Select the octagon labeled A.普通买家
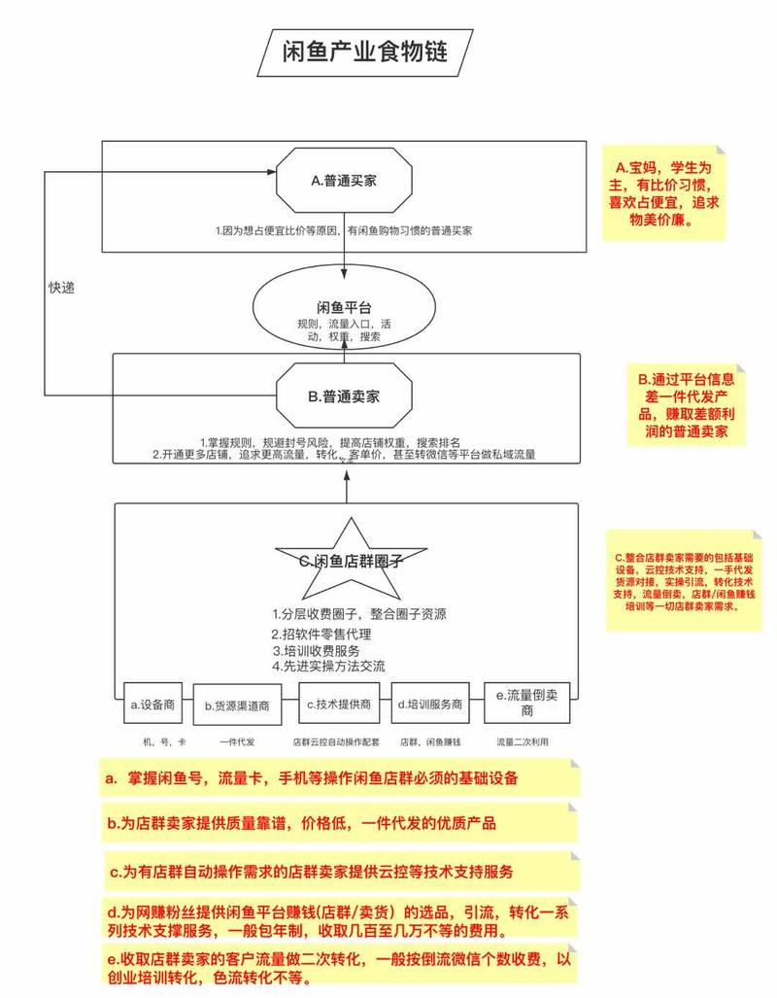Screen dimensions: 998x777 pyautogui.click(x=344, y=180)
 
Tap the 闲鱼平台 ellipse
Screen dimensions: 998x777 pyautogui.click(x=343, y=312)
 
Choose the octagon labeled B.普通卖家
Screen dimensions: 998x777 pyautogui.click(x=343, y=396)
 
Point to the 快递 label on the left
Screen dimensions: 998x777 pyautogui.click(x=61, y=288)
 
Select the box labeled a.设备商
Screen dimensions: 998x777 pyautogui.click(x=151, y=705)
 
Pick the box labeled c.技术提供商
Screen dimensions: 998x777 pyautogui.click(x=336, y=705)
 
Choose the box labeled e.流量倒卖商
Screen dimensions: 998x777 pyautogui.click(x=526, y=704)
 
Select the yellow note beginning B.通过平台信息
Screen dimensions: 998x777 pyautogui.click(x=688, y=405)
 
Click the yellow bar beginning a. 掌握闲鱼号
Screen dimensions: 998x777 pyautogui.click(x=340, y=778)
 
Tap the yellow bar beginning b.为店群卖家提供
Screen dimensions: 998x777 pyautogui.click(x=340, y=824)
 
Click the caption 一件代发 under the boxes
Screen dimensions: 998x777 pyautogui.click(x=236, y=741)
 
